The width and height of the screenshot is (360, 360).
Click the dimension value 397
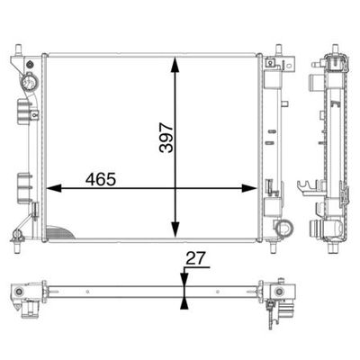[166, 138]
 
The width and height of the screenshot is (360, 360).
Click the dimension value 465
[101, 179]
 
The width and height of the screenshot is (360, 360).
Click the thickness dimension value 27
[195, 258]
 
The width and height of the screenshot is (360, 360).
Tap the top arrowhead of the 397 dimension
[175, 65]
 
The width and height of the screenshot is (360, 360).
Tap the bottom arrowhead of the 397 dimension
[175, 230]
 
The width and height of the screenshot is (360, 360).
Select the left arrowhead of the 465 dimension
[54, 188]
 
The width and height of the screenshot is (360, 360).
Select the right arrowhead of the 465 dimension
[249, 188]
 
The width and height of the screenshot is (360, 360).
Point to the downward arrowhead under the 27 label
[184, 278]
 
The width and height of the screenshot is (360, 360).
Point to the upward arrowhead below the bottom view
[184, 303]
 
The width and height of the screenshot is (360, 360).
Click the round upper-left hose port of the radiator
[29, 82]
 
